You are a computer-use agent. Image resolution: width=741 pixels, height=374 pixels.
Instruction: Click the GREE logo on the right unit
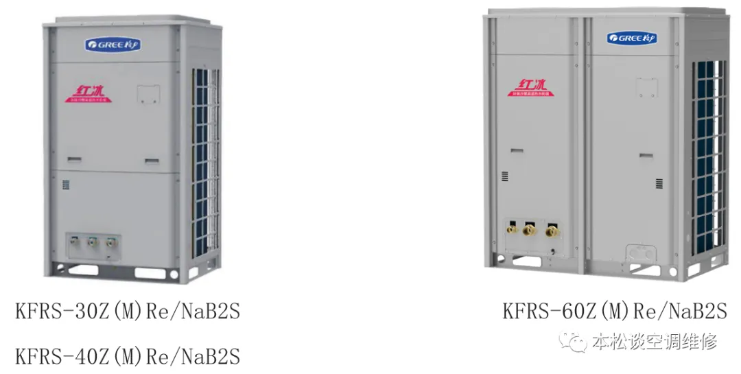pos(631,38)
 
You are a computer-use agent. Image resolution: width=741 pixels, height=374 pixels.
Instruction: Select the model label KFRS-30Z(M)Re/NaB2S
pos(128,312)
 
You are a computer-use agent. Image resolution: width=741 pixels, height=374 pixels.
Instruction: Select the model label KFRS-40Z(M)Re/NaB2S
pos(128,357)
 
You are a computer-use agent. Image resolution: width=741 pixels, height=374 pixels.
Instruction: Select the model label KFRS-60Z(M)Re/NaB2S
pos(614,312)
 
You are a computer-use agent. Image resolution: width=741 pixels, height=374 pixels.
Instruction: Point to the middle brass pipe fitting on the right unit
pos(528,230)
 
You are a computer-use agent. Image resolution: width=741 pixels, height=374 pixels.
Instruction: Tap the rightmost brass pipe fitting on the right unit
pos(550,231)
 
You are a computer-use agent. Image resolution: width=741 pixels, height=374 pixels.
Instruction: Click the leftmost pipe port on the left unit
pos(75,242)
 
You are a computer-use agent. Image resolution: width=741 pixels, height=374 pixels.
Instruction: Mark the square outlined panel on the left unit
pos(148,94)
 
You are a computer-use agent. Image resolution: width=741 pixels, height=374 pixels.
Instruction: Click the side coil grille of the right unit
pos(709,158)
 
